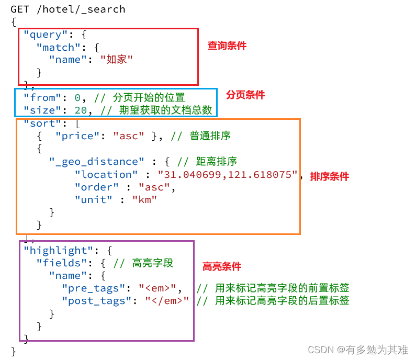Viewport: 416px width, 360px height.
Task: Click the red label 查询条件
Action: pos(227,46)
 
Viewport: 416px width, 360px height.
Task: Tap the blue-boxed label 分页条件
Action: pos(245,95)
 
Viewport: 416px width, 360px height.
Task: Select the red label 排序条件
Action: pos(329,176)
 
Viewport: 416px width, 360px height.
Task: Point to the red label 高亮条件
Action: pos(222,266)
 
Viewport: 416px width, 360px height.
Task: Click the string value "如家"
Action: pos(116,60)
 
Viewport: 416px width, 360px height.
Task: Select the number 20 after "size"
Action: pos(82,110)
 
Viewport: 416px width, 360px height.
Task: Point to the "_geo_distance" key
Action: pos(96,162)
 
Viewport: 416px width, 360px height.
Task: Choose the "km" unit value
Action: pos(144,199)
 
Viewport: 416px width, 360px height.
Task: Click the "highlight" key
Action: pos(59,250)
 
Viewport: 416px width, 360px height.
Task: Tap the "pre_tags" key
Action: pos(97,288)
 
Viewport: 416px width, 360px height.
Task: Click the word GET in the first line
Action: pos(20,9)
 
